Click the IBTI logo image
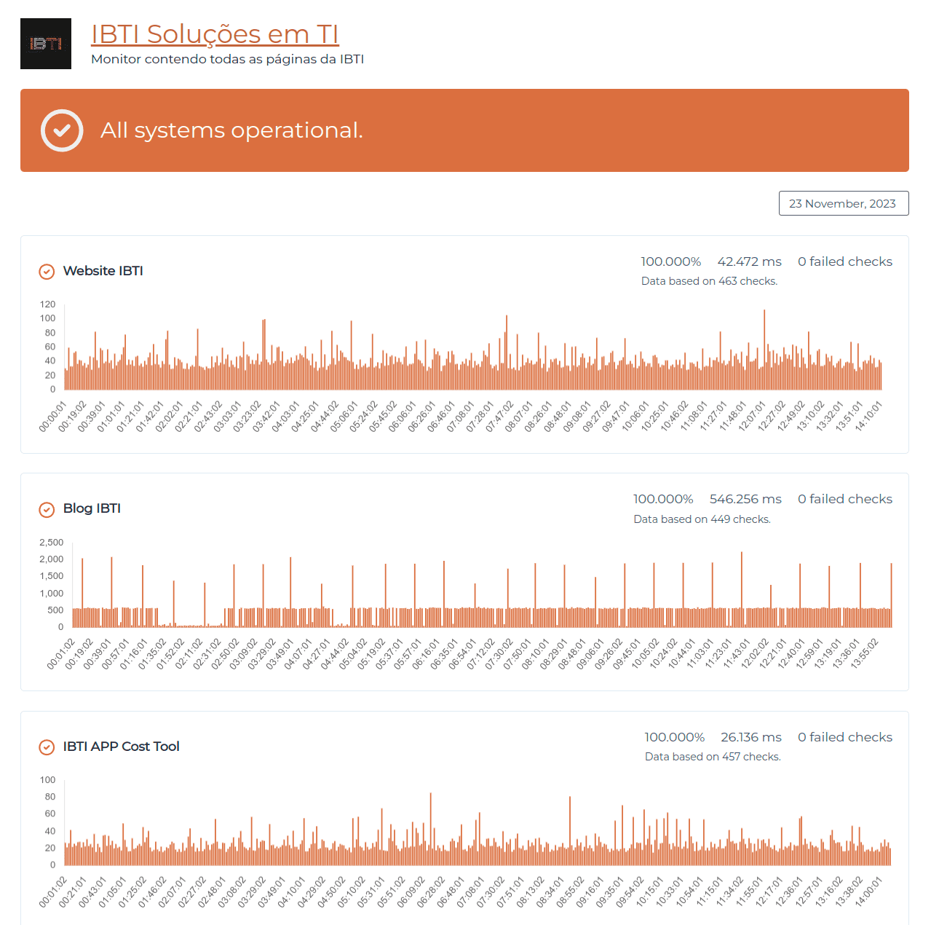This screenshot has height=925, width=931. coord(46,44)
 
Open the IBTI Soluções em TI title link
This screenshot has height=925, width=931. coord(215,34)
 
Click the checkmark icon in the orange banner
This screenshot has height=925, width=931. coord(62,130)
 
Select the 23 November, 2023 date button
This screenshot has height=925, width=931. coord(843,204)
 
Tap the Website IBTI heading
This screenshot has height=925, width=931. coord(103,271)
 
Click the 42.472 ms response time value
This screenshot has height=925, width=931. coord(749,261)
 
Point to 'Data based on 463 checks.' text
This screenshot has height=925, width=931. coord(709,281)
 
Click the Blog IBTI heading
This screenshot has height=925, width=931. coord(92,508)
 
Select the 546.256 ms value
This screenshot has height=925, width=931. coord(745,499)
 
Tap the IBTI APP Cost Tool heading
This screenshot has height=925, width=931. coord(121,747)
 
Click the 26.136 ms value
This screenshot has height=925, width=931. coord(750,737)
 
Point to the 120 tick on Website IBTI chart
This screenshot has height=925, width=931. coord(47,304)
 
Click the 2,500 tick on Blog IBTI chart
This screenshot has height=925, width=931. coord(51,543)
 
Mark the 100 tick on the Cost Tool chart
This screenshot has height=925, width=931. coord(47,780)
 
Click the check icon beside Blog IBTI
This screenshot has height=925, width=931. coord(47,510)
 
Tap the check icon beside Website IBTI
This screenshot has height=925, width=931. coord(47,272)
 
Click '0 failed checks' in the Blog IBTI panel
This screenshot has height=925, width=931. coord(844,499)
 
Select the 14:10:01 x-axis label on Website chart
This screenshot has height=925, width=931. coord(869,416)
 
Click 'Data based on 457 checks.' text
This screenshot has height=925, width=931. coord(713,757)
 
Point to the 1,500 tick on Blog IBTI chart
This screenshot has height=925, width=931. coord(51,576)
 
